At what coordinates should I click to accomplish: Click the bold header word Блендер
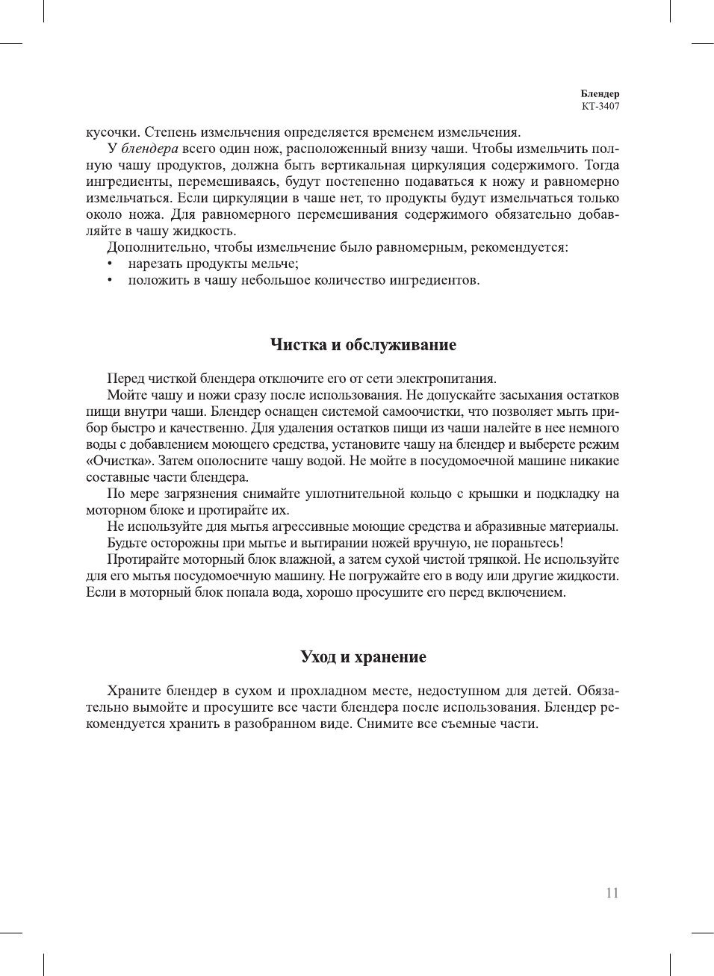point(600,94)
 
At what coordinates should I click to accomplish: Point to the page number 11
point(612,893)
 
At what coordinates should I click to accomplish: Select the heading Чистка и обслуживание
point(363,345)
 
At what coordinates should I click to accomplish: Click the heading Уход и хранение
point(363,657)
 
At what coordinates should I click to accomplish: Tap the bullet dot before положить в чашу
point(110,281)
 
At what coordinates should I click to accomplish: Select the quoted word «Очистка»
point(120,461)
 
